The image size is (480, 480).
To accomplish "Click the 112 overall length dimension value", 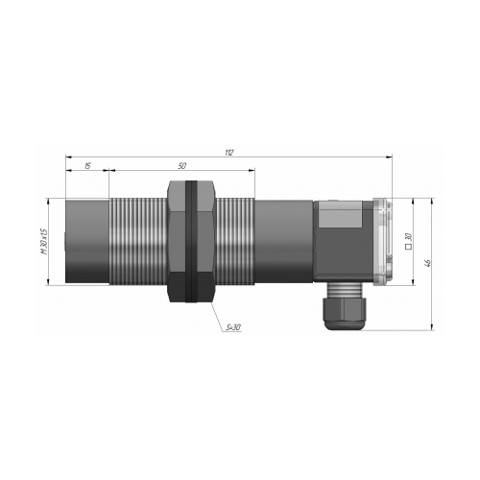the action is pos(229,153).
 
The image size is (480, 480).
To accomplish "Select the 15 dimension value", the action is pos(87,166).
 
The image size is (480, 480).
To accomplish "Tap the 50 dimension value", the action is pos(181,166).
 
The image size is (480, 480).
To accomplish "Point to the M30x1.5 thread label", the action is pos(43,241).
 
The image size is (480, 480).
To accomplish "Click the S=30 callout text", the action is pos(233,327).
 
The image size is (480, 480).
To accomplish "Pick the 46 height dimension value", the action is pos(427,263).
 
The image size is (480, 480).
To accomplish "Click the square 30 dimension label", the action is pos(408,241).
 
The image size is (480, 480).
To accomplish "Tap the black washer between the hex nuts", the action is pos(191,241).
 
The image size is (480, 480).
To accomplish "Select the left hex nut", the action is pos(177,241).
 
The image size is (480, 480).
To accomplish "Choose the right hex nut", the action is pos(207,241).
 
